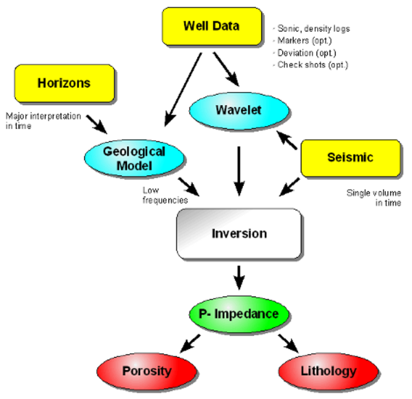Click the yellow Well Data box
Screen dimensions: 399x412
[x=211, y=27]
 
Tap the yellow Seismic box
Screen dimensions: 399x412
[x=350, y=158]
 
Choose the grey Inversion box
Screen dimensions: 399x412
[x=238, y=233]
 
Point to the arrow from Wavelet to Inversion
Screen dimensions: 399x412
[x=239, y=168]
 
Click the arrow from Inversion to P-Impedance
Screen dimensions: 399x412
[x=239, y=277]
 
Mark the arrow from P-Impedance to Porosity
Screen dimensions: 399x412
[x=190, y=341]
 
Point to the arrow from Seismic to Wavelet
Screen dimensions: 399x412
[x=288, y=141]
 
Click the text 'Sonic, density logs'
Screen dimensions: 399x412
[x=312, y=28]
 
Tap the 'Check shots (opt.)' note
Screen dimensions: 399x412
[x=312, y=65]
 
